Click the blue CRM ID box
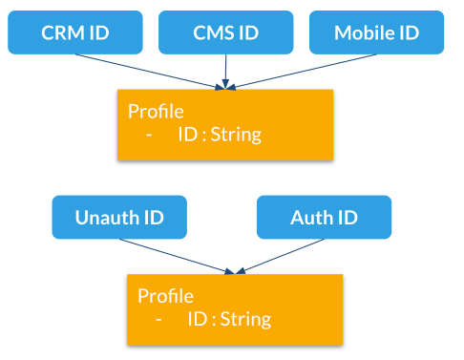click(x=74, y=32)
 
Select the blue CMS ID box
click(x=225, y=32)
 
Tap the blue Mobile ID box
click(x=376, y=32)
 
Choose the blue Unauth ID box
click(x=119, y=217)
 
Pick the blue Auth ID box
click(x=324, y=217)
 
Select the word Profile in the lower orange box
click(x=165, y=295)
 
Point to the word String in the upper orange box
click(x=236, y=135)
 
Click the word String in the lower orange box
click(x=246, y=319)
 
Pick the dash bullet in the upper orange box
click(x=151, y=135)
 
